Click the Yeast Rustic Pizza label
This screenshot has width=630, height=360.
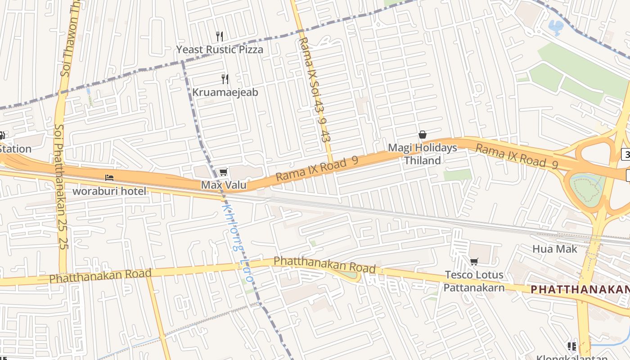click(x=220, y=49)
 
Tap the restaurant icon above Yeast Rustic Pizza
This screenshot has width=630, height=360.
click(x=220, y=36)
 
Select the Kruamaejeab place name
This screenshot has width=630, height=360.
click(x=225, y=92)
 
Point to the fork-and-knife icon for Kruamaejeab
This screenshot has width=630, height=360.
click(x=225, y=79)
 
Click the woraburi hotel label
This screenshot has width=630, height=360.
click(x=110, y=191)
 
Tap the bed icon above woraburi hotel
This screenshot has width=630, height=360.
click(x=109, y=178)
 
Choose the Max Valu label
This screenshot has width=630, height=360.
click(x=224, y=185)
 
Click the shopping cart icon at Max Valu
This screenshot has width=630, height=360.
click(x=223, y=172)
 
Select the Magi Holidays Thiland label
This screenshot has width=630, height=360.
click(x=422, y=154)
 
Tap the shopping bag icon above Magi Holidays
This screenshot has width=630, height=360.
click(x=423, y=135)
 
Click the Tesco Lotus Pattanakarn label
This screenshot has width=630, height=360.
click(x=474, y=281)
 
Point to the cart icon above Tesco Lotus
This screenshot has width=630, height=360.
click(x=474, y=261)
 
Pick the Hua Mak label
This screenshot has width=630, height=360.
click(x=554, y=249)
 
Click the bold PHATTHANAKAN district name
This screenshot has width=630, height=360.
click(x=580, y=289)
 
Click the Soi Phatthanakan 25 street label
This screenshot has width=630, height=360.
click(x=61, y=187)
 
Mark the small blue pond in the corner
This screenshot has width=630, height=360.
click(x=556, y=28)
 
